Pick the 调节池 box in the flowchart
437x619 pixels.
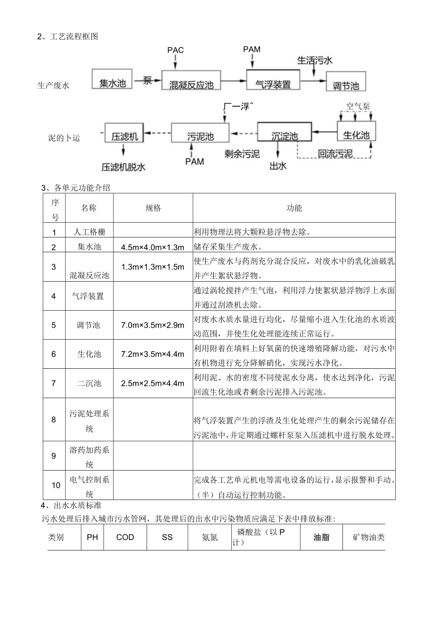(346, 85)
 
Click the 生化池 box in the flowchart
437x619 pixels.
(356, 135)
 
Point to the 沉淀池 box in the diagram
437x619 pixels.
(284, 136)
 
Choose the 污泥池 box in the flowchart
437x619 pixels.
(200, 136)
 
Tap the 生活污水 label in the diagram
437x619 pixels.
(314, 60)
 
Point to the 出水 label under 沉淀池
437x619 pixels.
(277, 166)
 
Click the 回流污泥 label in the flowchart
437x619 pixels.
(335, 154)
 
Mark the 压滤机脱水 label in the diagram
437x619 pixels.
(123, 167)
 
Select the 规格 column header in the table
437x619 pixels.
(153, 208)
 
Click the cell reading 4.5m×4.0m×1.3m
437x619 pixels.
(152, 247)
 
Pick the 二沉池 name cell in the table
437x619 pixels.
(89, 383)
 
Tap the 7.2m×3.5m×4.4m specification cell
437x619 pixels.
(152, 354)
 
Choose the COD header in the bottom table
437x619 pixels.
(125, 537)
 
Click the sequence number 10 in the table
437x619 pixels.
(56, 485)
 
